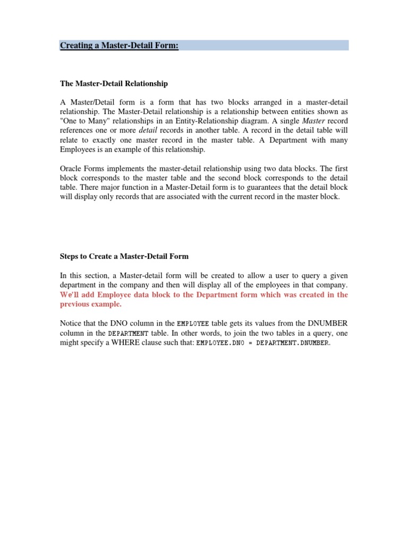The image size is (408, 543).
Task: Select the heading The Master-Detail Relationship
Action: pos(114,84)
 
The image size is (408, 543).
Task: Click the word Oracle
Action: pos(71,169)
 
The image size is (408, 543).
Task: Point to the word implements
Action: pos(125,169)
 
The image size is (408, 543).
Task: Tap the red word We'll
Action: pos(70,295)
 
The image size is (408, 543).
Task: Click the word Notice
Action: pos(71,323)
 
